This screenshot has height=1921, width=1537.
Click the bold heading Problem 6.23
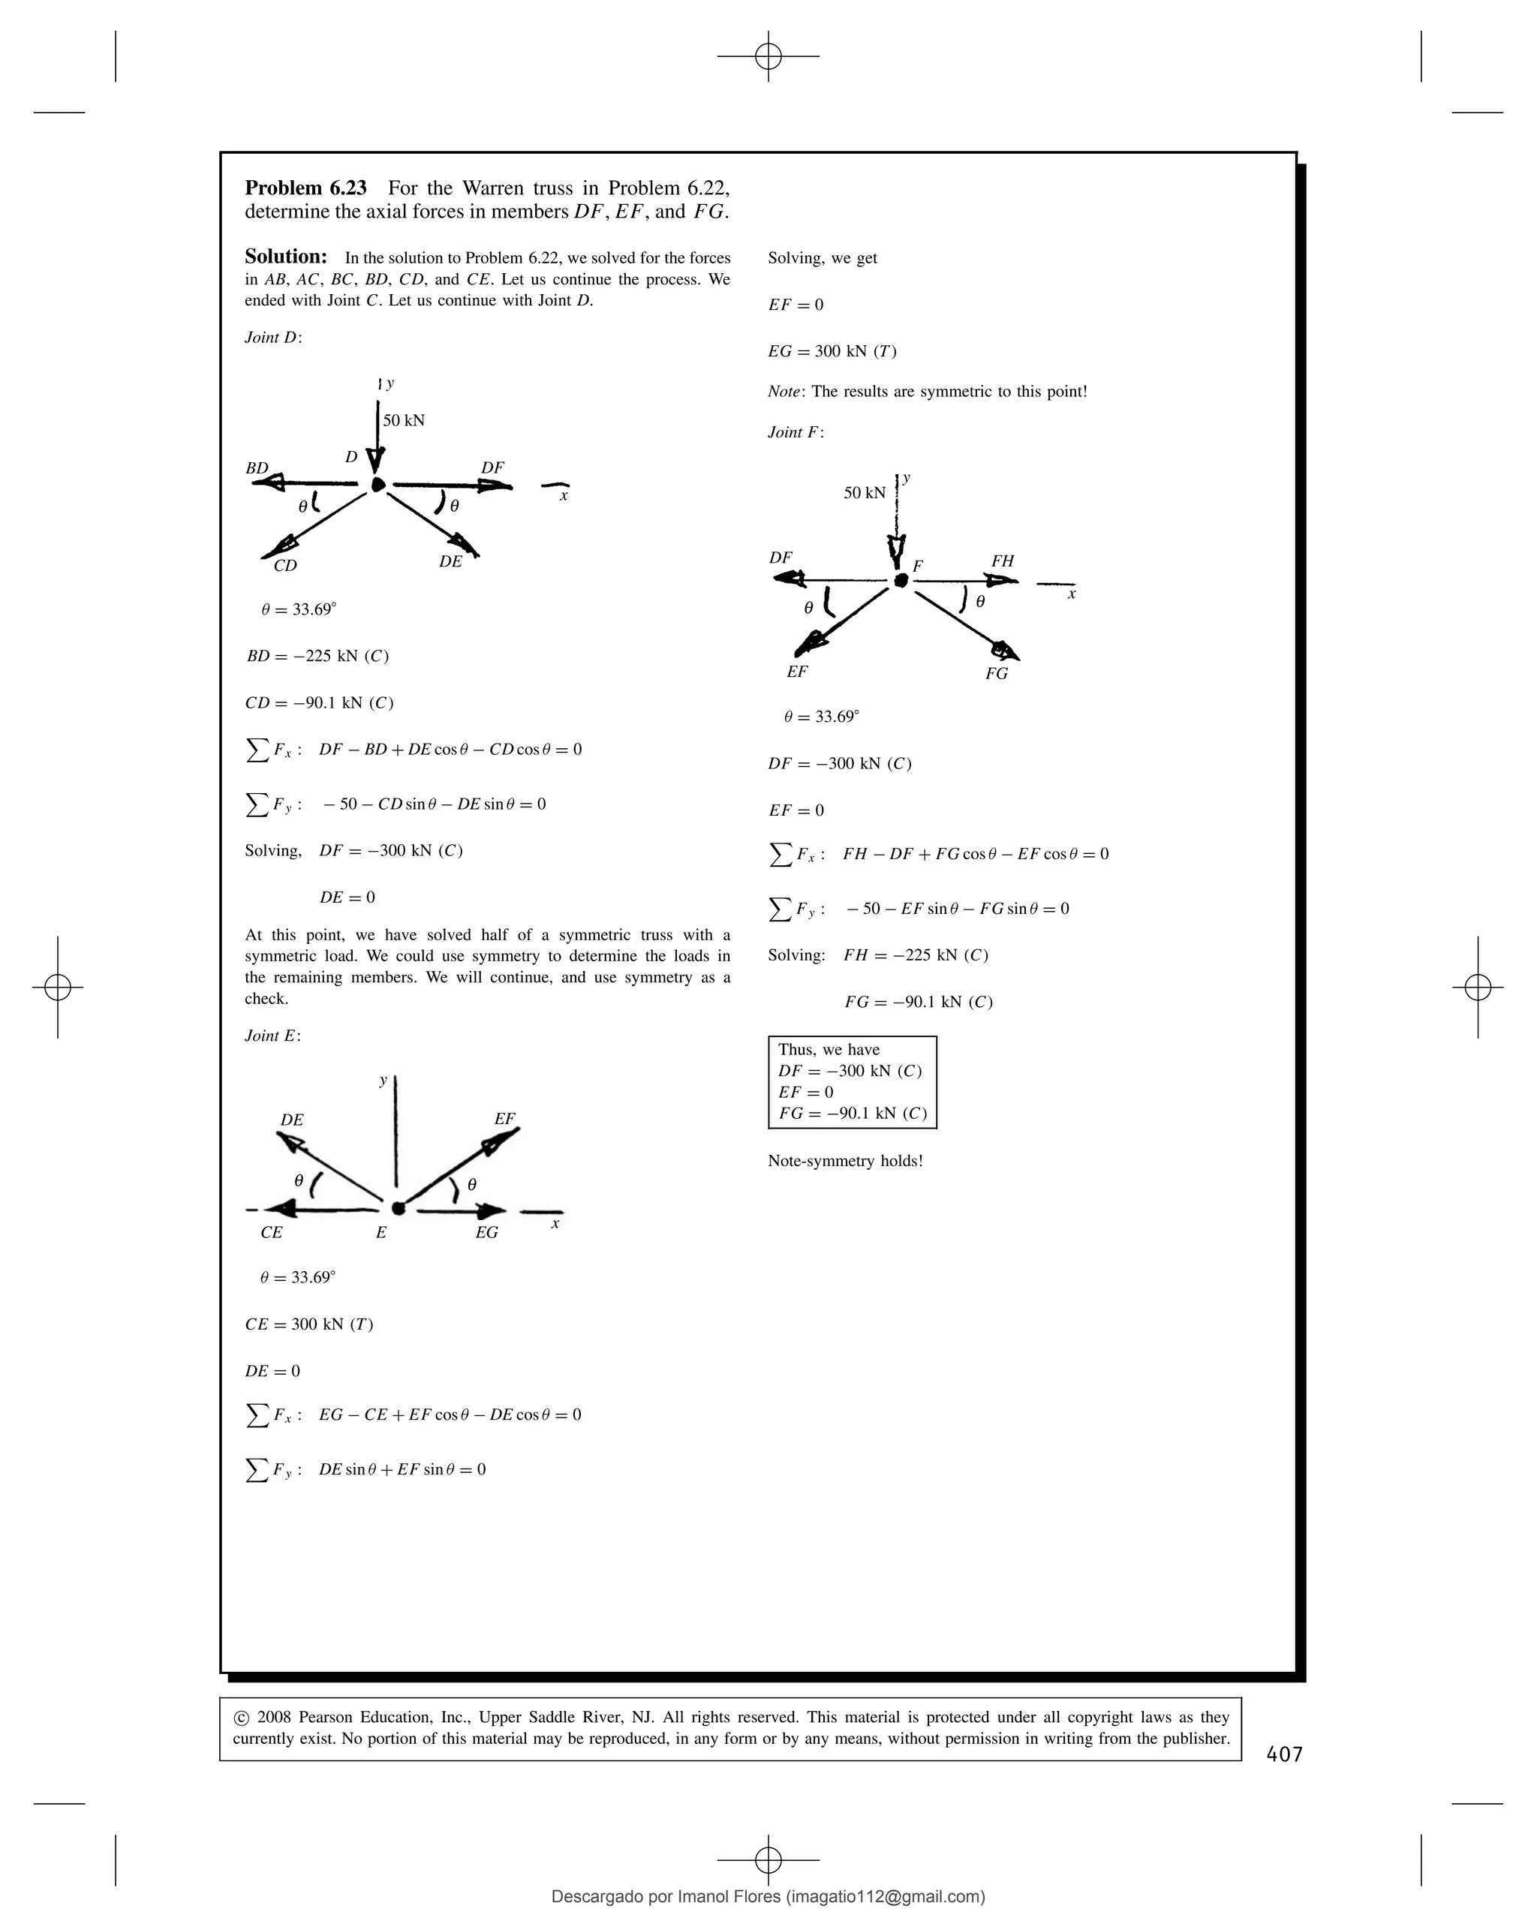(305, 188)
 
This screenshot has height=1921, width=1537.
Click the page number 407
(1284, 1754)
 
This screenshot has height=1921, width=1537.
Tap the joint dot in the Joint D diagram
(377, 484)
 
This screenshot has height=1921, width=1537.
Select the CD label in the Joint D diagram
(285, 566)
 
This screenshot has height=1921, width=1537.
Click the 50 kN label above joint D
(404, 420)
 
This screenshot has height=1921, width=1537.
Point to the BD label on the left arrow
(257, 467)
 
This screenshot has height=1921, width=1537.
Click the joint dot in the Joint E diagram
(399, 1208)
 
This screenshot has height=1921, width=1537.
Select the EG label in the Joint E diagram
(486, 1232)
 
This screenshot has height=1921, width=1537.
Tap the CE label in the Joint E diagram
(271, 1232)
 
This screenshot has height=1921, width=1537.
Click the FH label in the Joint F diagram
(1003, 561)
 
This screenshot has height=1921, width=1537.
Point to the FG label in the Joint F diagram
(996, 674)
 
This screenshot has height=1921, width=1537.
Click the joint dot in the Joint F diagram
(901, 580)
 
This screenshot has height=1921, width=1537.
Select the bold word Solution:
(286, 257)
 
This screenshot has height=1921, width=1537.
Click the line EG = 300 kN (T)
(832, 351)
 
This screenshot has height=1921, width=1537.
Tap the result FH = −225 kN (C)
(915, 955)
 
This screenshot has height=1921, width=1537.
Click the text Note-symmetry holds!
(845, 1161)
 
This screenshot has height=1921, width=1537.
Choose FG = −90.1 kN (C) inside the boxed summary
(852, 1113)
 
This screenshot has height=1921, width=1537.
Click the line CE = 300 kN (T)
(309, 1324)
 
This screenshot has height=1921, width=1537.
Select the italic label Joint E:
(272, 1036)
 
